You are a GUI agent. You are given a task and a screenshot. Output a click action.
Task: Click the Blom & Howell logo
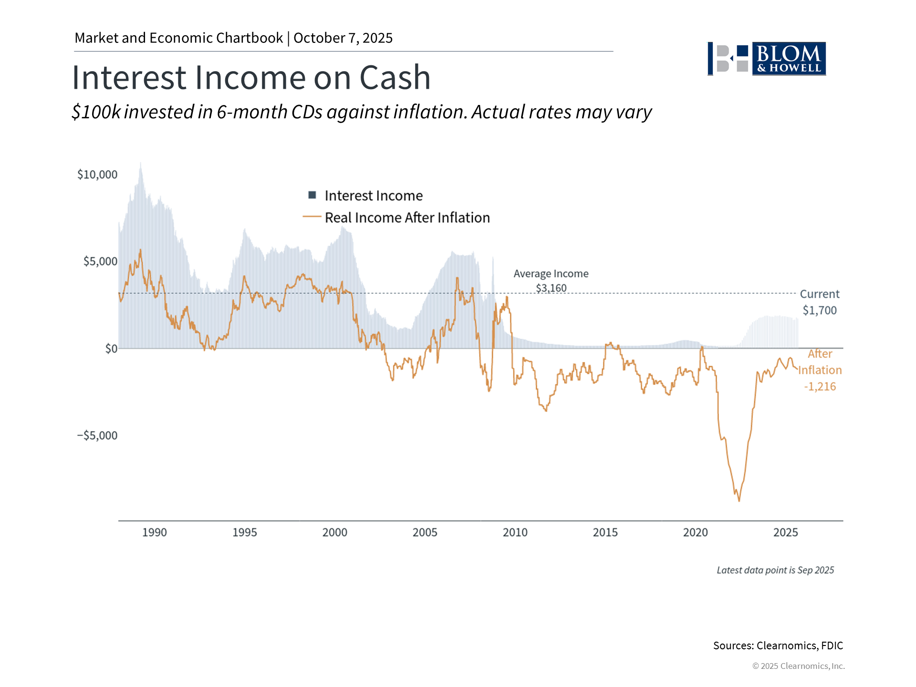coord(767,59)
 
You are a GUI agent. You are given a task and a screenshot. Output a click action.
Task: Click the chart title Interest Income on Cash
coord(251,77)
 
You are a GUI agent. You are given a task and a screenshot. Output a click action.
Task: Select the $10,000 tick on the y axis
coord(97,175)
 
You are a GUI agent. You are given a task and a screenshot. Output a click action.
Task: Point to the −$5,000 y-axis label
coord(97,436)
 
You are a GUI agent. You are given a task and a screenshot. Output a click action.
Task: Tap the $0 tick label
coord(111,349)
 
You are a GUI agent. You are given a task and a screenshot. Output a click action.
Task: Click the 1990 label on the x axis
coord(155,532)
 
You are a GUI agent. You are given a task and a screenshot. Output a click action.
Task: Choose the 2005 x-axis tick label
coord(425,532)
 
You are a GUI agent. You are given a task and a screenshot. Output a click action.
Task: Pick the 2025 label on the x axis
coord(785,532)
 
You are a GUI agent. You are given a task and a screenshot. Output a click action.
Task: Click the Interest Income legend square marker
coord(312,195)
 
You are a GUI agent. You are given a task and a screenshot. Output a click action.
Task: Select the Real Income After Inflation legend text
coord(407,218)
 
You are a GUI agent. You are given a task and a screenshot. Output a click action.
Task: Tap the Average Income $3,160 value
coord(551,288)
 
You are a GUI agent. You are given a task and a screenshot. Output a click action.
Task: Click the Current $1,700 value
coord(819,311)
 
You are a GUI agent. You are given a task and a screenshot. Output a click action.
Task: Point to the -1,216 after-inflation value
coord(820,386)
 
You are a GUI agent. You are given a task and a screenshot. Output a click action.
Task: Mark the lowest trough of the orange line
coord(739,500)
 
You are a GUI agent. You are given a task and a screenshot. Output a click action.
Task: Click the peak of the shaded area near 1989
coord(140,164)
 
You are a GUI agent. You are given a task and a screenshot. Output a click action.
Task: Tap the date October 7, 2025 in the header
coord(343,38)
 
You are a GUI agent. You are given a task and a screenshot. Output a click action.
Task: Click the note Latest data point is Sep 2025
coord(775,570)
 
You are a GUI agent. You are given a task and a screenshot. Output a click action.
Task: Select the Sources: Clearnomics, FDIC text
coord(778,645)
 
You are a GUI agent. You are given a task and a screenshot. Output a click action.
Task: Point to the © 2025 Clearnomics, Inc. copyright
coord(798,666)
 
